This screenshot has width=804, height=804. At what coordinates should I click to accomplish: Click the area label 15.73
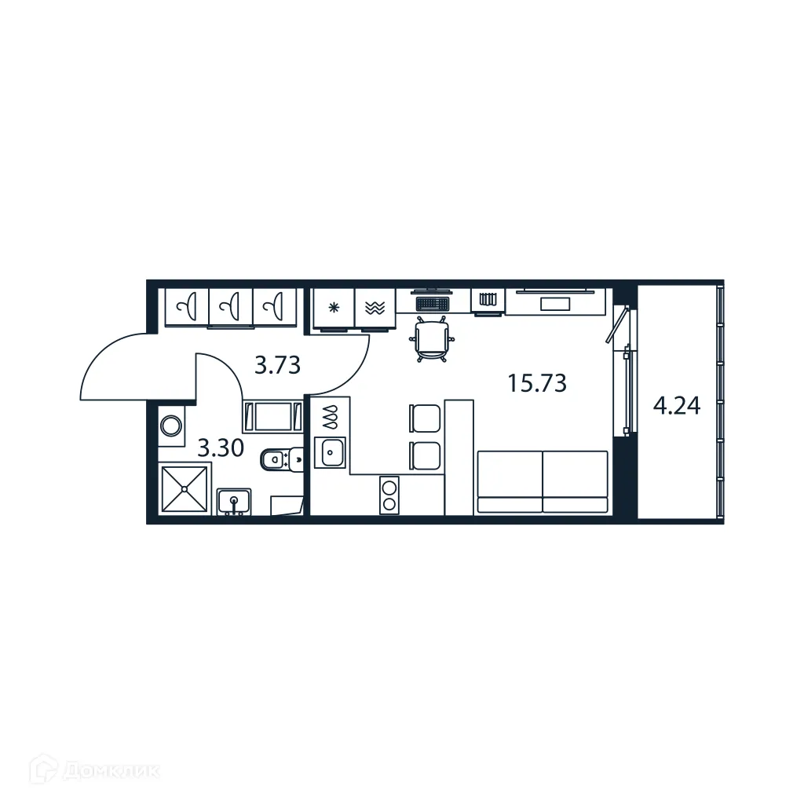(x=537, y=384)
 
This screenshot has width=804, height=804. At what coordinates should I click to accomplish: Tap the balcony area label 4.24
(x=677, y=406)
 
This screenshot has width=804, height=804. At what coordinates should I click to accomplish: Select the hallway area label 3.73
(x=278, y=364)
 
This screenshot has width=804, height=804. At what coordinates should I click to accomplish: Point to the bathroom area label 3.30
(x=220, y=448)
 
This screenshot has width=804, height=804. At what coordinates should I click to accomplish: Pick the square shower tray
(x=185, y=489)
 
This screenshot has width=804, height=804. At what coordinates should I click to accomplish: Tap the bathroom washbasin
(x=233, y=499)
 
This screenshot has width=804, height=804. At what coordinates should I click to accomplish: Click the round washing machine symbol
(x=171, y=426)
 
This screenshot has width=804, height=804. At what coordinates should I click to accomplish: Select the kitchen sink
(x=330, y=452)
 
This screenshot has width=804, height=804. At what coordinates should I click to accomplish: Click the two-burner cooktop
(x=389, y=495)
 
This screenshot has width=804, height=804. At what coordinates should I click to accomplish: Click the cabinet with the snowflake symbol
(x=334, y=308)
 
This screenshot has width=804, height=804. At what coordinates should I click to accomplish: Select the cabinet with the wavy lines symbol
(x=375, y=308)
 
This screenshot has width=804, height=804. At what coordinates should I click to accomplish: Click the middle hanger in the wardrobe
(x=231, y=306)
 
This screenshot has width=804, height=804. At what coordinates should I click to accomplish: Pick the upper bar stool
(x=426, y=418)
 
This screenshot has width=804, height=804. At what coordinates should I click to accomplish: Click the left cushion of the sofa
(x=510, y=481)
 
